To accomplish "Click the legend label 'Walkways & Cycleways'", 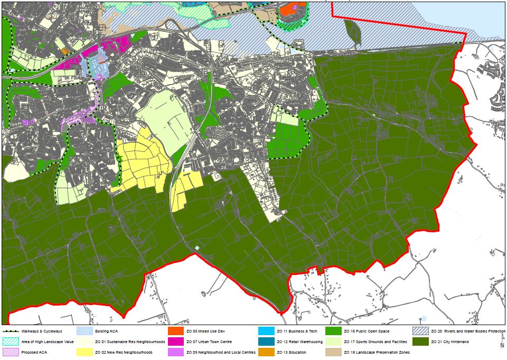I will [x=45, y=331].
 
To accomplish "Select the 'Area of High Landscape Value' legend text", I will [x=51, y=341].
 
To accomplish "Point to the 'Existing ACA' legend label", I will [x=107, y=331].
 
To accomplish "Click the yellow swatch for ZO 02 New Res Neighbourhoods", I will [x=84, y=352].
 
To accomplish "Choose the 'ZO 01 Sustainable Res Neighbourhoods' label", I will [x=130, y=341].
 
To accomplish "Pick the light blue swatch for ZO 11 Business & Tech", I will [x=266, y=331].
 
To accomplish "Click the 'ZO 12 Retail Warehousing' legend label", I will [x=298, y=341].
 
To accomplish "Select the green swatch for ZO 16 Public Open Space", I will [x=333, y=331].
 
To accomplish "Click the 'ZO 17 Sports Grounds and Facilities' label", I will [x=375, y=341].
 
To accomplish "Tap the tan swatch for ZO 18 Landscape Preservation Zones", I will [x=333, y=352].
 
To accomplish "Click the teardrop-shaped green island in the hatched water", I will [x=352, y=33].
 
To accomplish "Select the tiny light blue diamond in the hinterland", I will [x=197, y=248].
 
